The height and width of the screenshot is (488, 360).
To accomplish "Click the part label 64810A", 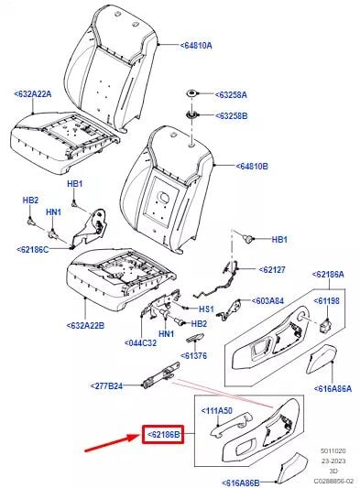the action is point(196,46).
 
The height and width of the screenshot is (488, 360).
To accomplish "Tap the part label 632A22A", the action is point(33,93).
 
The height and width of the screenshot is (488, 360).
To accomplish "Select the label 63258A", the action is point(231,94).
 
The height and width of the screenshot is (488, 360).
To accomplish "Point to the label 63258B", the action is point(231,115).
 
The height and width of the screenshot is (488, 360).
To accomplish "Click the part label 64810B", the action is point(252,167).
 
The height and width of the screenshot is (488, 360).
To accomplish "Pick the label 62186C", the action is point(33,249).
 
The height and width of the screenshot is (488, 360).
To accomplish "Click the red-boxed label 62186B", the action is point(163,434).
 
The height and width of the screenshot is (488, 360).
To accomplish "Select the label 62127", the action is point(272,269).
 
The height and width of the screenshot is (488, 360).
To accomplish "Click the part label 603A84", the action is point(267,301).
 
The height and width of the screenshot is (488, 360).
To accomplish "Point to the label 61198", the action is point(326,301).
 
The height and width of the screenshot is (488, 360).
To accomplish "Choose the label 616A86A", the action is point(333,389).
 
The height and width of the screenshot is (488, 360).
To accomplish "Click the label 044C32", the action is point(140,343).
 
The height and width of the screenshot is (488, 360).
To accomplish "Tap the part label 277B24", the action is point(106,386).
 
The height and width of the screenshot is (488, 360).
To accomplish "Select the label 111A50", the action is point(217,411).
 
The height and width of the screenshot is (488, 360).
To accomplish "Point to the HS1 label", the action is point(206,309).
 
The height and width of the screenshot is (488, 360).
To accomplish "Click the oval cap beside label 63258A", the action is point(192,93).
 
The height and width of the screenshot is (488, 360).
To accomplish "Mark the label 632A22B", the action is point(85,326).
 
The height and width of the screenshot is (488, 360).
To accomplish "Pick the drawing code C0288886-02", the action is point(333,481).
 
